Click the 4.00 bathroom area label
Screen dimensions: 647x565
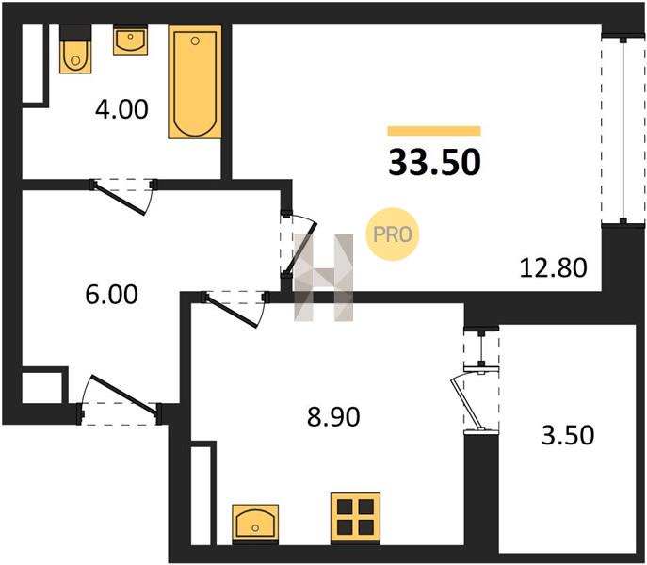click(x=121, y=110)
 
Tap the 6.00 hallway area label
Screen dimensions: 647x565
click(x=111, y=295)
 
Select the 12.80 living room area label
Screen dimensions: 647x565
click(x=553, y=267)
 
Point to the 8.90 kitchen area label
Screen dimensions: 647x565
click(x=333, y=416)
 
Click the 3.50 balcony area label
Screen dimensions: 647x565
click(x=568, y=435)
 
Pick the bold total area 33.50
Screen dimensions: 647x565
click(x=434, y=162)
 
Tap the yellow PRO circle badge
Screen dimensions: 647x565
click(x=393, y=234)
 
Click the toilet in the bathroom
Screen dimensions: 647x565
click(x=75, y=50)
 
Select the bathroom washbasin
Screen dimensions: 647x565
click(x=130, y=40)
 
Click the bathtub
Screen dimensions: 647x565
click(x=195, y=83)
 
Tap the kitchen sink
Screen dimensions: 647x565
click(x=255, y=522)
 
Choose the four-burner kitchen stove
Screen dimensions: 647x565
click(x=355, y=517)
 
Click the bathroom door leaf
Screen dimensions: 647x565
click(x=120, y=199)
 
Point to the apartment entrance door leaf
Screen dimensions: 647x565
click(x=124, y=395)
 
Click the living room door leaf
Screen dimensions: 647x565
click(x=301, y=249)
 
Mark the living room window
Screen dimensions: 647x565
click(x=623, y=130)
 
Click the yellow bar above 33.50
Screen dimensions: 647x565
click(x=434, y=131)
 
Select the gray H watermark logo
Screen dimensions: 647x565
click(x=324, y=278)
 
